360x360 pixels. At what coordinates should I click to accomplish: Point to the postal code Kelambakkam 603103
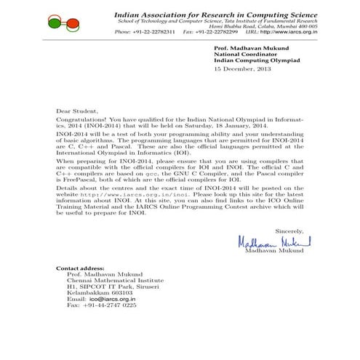pos(97,292)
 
